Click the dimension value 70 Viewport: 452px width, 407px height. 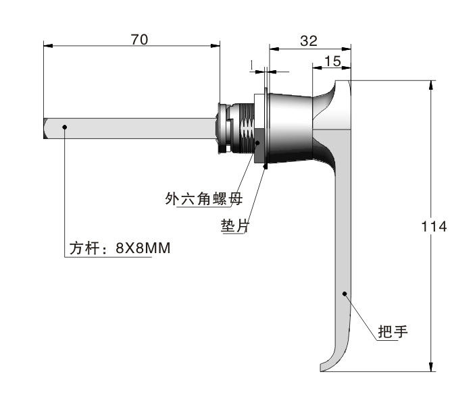(140, 39)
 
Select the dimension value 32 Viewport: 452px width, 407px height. (309, 41)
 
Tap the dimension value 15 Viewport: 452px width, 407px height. (332, 61)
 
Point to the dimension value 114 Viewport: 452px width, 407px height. (434, 226)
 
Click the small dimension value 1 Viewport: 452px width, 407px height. (252, 65)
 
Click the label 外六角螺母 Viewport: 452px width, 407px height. (204, 198)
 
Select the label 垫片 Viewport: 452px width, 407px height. (235, 225)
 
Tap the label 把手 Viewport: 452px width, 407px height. (393, 331)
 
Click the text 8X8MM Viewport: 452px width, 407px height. (143, 248)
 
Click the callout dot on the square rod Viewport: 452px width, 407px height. (65, 127)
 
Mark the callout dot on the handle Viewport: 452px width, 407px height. (344, 294)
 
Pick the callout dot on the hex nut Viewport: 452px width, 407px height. (257, 143)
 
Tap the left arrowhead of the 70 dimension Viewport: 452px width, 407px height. (48, 46)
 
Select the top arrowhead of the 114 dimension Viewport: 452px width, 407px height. (431, 86)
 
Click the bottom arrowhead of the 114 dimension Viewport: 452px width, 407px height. (431, 367)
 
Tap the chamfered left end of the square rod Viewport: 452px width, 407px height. (45, 128)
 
